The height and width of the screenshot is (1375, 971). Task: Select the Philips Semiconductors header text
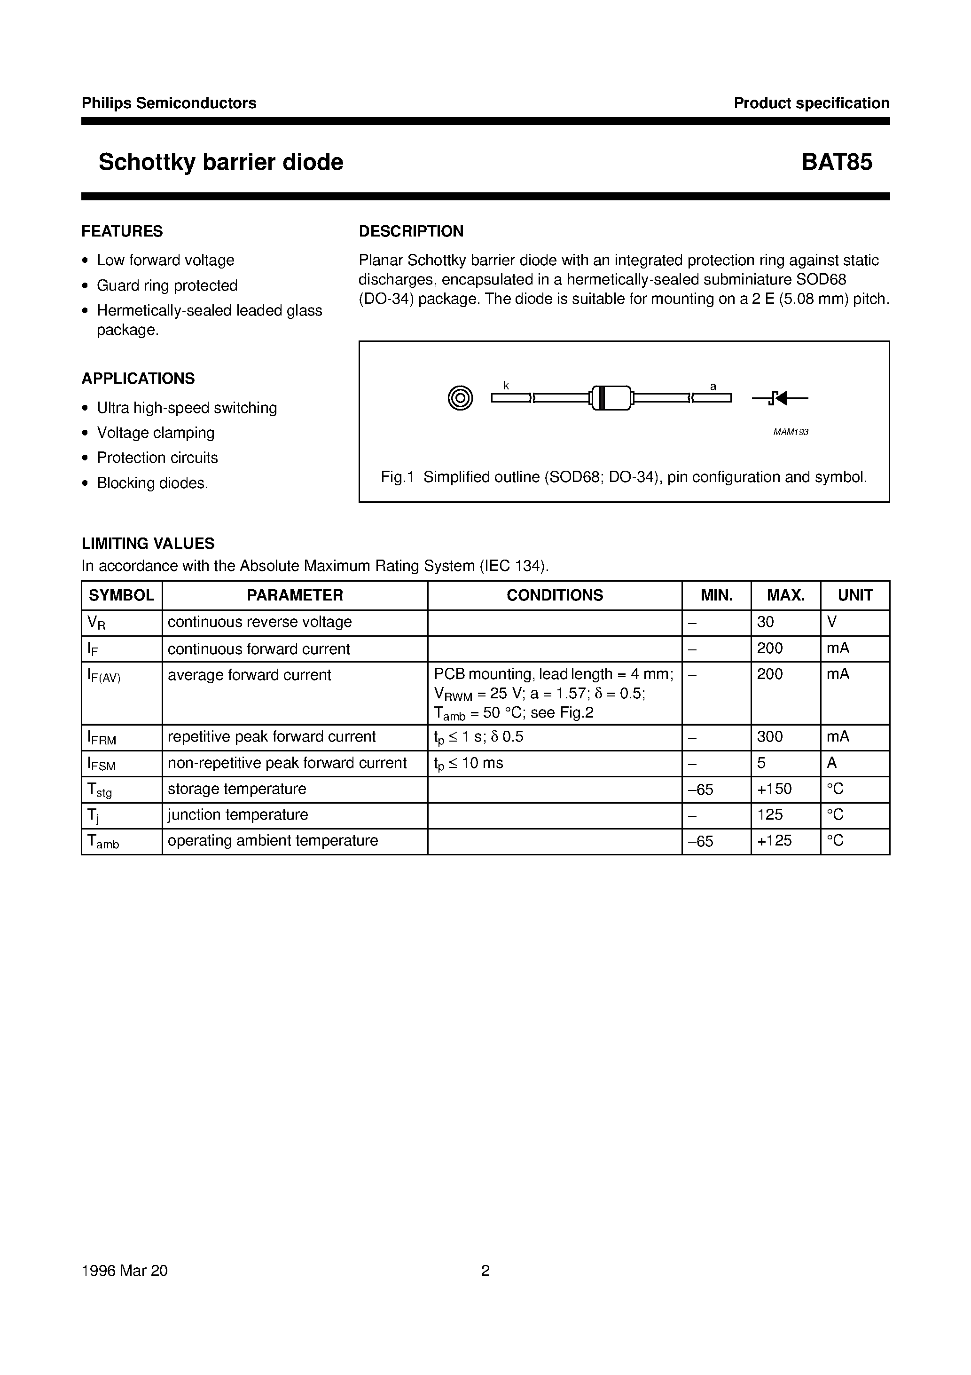[x=169, y=103]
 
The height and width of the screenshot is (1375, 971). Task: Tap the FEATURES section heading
[x=122, y=231]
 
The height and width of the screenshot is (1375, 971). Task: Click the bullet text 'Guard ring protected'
[x=167, y=285]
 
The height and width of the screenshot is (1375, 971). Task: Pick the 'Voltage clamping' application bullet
[x=156, y=432]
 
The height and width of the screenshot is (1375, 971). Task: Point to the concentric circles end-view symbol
[x=461, y=398]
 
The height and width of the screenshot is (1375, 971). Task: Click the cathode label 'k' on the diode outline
[x=506, y=386]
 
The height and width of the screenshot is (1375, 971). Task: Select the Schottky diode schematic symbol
[x=779, y=398]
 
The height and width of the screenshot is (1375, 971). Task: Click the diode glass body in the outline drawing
[x=611, y=398]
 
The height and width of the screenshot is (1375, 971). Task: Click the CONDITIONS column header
[x=554, y=595]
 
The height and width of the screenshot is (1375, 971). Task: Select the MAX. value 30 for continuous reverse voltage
[x=765, y=622]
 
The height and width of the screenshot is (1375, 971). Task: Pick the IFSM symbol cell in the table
[x=102, y=764]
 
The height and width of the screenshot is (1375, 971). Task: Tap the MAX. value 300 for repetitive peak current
[x=769, y=736]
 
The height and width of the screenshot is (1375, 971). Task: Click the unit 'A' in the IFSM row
[x=831, y=763]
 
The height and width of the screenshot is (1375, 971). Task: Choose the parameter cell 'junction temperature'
[x=238, y=814]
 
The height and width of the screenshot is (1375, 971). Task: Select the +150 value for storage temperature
[x=774, y=789]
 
